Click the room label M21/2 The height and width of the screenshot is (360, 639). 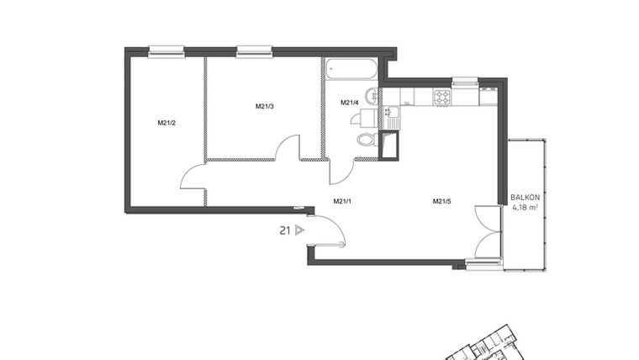pos(166,123)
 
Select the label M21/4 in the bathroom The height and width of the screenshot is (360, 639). pos(349,103)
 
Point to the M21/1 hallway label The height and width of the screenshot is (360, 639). pos(342,201)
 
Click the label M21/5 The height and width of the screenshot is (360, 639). pos(442,201)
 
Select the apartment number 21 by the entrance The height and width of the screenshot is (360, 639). pos(286,229)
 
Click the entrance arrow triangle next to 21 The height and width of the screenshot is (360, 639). pos(300,229)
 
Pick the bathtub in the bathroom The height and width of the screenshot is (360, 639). pos(350,67)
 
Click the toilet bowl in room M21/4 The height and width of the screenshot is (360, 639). pos(366,140)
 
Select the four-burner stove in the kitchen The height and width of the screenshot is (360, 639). pos(442,98)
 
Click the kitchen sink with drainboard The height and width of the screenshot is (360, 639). pos(391,116)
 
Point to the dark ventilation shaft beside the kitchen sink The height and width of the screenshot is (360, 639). pos(389,146)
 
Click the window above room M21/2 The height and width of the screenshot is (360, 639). pos(166,52)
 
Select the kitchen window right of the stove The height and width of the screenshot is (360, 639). pos(465,82)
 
